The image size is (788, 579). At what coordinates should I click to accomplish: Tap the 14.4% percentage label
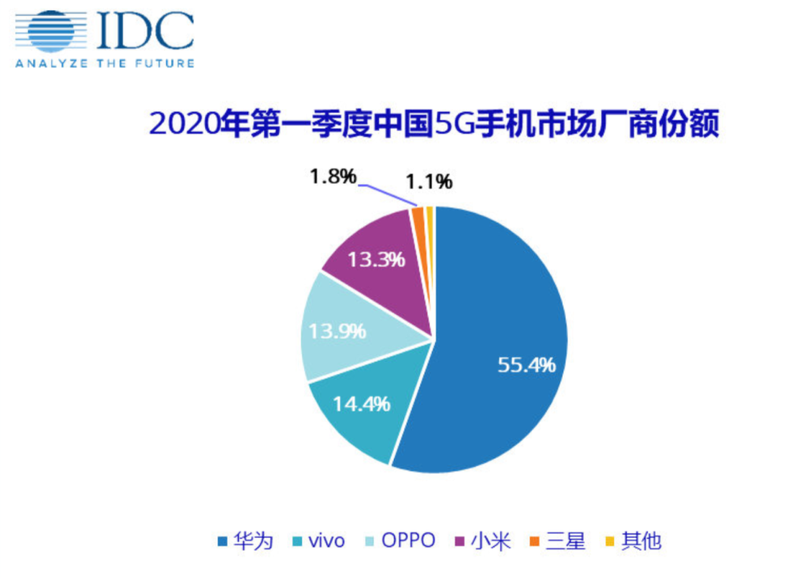coord(362,405)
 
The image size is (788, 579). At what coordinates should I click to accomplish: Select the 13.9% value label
coord(336,332)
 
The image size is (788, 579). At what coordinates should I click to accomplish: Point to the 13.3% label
coord(375,258)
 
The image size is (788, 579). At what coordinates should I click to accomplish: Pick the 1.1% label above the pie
coord(429,182)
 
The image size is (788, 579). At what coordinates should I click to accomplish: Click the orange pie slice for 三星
coord(418,220)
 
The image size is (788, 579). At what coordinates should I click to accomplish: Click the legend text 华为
coord(254,541)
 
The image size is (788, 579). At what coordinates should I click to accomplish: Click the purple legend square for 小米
coord(460,541)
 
